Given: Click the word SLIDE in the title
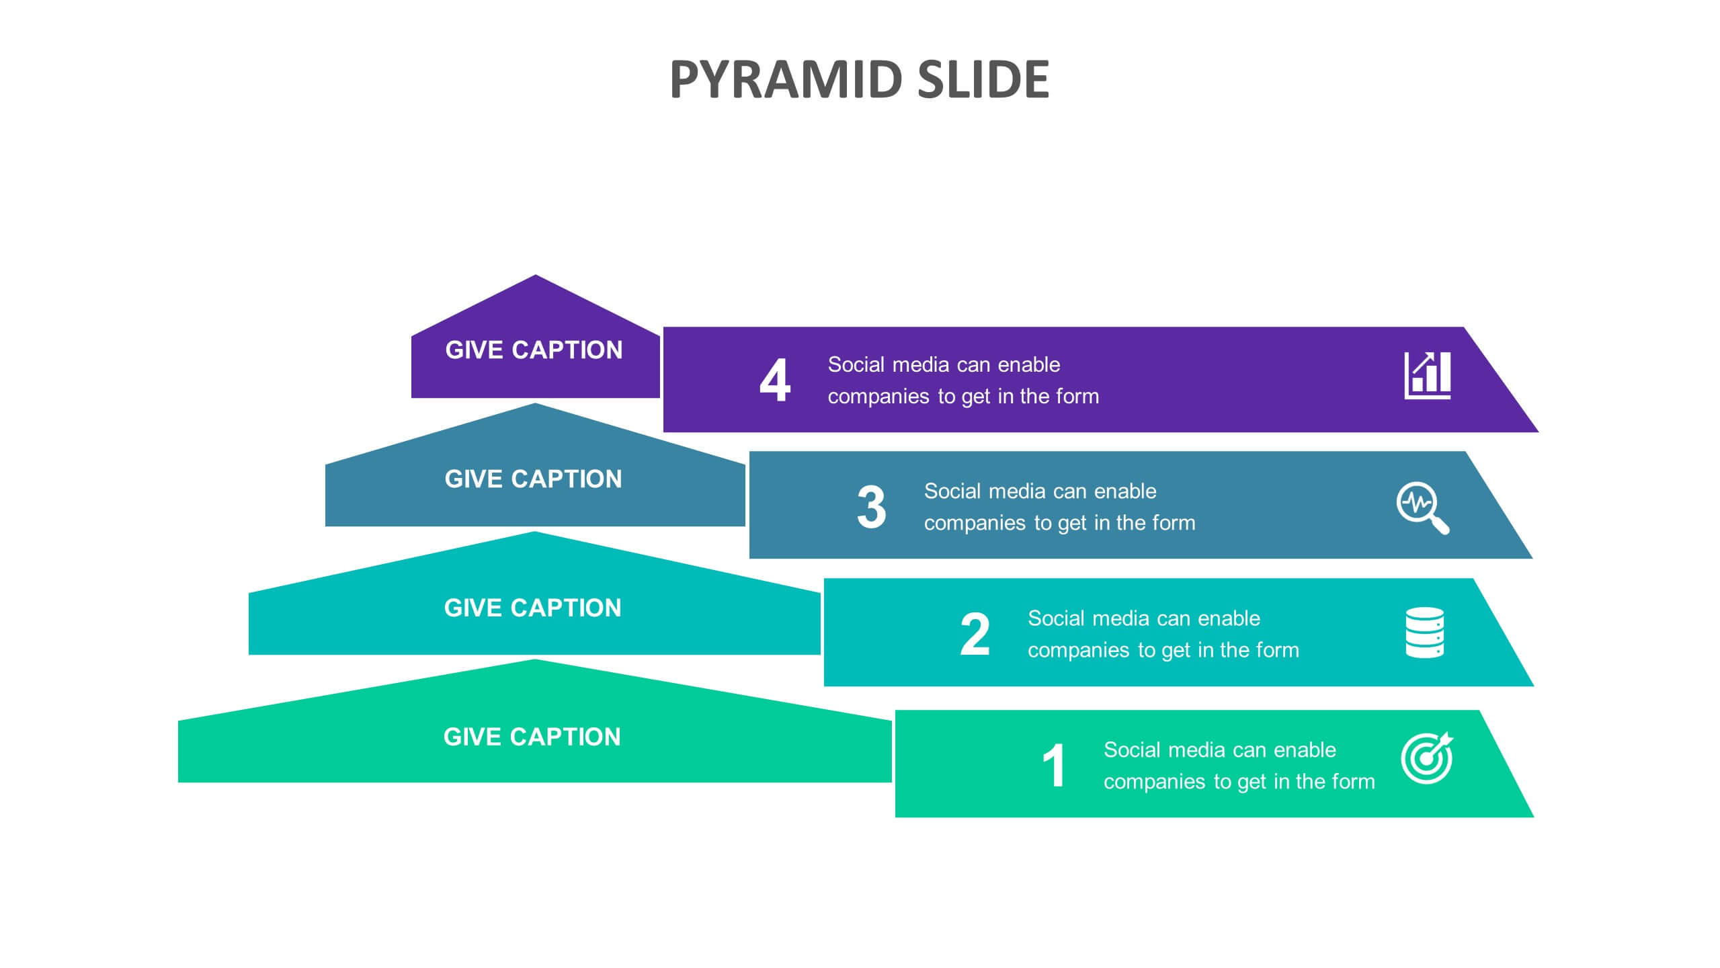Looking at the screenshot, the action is point(983,79).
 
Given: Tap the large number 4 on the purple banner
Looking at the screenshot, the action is point(775,380).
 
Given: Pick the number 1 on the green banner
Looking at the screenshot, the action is point(1054,765).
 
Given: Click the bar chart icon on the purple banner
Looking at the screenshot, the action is point(1428,375).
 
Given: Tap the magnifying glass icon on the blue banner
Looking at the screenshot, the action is point(1423,508).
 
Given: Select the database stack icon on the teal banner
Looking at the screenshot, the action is point(1424,633).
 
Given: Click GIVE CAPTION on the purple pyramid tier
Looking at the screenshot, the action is point(534,350).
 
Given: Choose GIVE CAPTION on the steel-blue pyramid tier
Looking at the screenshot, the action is point(534,479).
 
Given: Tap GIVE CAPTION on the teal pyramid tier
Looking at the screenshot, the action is point(533,608).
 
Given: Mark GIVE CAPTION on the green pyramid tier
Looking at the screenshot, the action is point(532,737).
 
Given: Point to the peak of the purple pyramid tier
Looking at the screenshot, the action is point(536,275).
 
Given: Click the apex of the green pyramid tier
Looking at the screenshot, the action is point(535,659).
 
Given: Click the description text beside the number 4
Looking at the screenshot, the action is point(963,380).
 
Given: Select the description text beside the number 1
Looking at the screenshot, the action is point(1239,766).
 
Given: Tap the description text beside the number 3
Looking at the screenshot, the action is point(1060,507).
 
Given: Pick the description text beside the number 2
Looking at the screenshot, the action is point(1163,634).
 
